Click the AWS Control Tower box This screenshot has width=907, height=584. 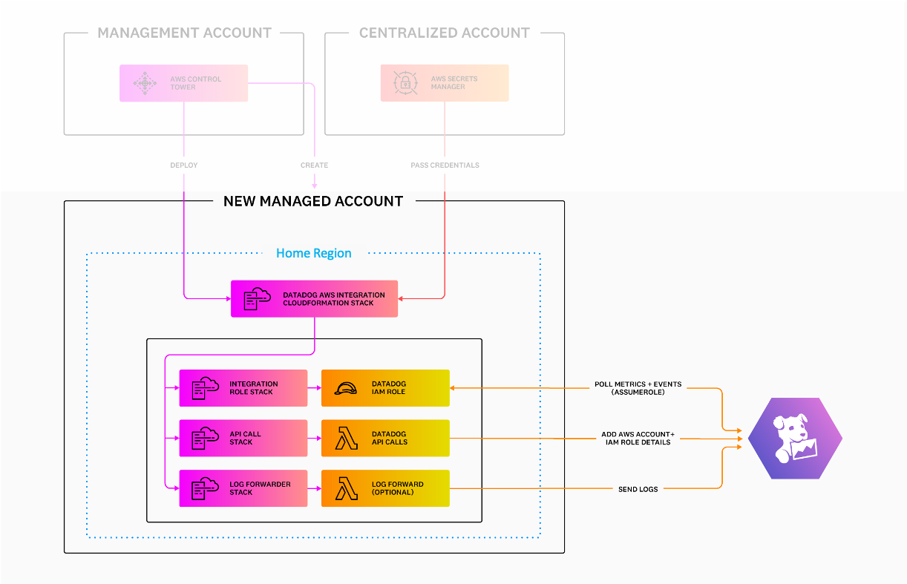pyautogui.click(x=183, y=83)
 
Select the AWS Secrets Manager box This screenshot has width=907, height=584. pyautogui.click(x=445, y=83)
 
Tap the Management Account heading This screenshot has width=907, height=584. pyautogui.click(x=184, y=33)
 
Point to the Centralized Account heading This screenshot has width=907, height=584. pyautogui.click(x=445, y=33)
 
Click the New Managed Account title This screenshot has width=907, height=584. pyautogui.click(x=313, y=201)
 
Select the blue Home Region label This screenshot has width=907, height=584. pyautogui.click(x=313, y=253)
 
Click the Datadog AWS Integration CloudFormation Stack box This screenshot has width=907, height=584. pyautogui.click(x=314, y=298)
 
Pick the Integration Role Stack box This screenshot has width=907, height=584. pyautogui.click(x=243, y=388)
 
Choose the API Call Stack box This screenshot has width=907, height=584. pyautogui.click(x=243, y=438)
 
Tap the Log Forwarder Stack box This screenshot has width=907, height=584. pyautogui.click(x=243, y=488)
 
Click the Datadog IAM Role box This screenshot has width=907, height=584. pyautogui.click(x=385, y=388)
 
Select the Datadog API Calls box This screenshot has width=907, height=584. pyautogui.click(x=385, y=438)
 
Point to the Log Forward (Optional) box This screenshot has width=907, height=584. pyautogui.click(x=385, y=488)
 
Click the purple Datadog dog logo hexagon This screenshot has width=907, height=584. pyautogui.click(x=795, y=439)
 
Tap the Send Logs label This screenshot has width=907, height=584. pyautogui.click(x=638, y=489)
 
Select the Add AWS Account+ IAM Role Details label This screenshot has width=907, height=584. pyautogui.click(x=638, y=438)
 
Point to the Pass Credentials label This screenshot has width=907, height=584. pyautogui.click(x=445, y=165)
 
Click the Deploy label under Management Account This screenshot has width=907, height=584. pyautogui.click(x=183, y=165)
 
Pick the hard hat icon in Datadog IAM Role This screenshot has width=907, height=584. pyautogui.click(x=346, y=388)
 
